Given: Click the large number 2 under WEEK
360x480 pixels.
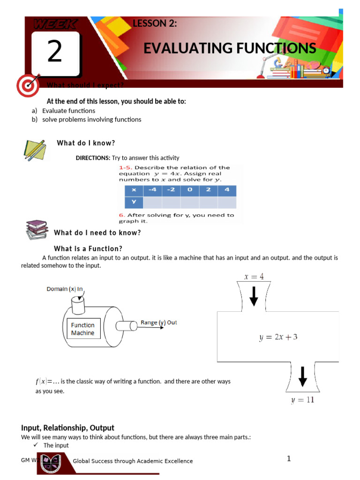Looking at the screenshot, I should click(x=54, y=52).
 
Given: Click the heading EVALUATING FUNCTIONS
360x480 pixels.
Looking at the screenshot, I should click(x=230, y=48).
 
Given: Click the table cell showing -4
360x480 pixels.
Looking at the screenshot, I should click(x=152, y=190).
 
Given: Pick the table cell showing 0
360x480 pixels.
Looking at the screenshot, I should click(x=189, y=190).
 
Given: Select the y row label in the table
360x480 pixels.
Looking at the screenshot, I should click(x=134, y=202).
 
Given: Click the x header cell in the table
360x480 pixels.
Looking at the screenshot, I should click(x=134, y=190).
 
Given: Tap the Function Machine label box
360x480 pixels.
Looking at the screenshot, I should click(x=83, y=329).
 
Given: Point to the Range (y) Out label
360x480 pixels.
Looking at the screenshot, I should click(x=159, y=322).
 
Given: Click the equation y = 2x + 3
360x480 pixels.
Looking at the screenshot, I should click(x=278, y=337).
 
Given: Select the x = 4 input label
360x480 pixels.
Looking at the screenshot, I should click(x=254, y=277).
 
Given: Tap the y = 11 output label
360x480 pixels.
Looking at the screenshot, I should click(x=302, y=400).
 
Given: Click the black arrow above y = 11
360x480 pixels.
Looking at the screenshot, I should click(x=303, y=376).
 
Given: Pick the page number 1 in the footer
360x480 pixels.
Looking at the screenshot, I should click(x=289, y=458).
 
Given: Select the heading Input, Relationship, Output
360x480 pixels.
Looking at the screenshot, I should click(x=67, y=427).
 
